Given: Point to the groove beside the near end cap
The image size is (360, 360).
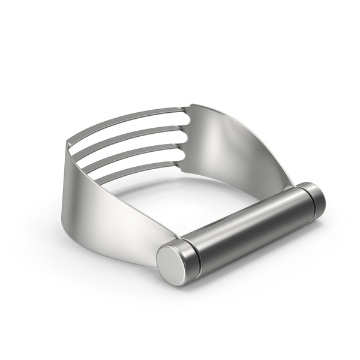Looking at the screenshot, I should pos(190,252).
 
